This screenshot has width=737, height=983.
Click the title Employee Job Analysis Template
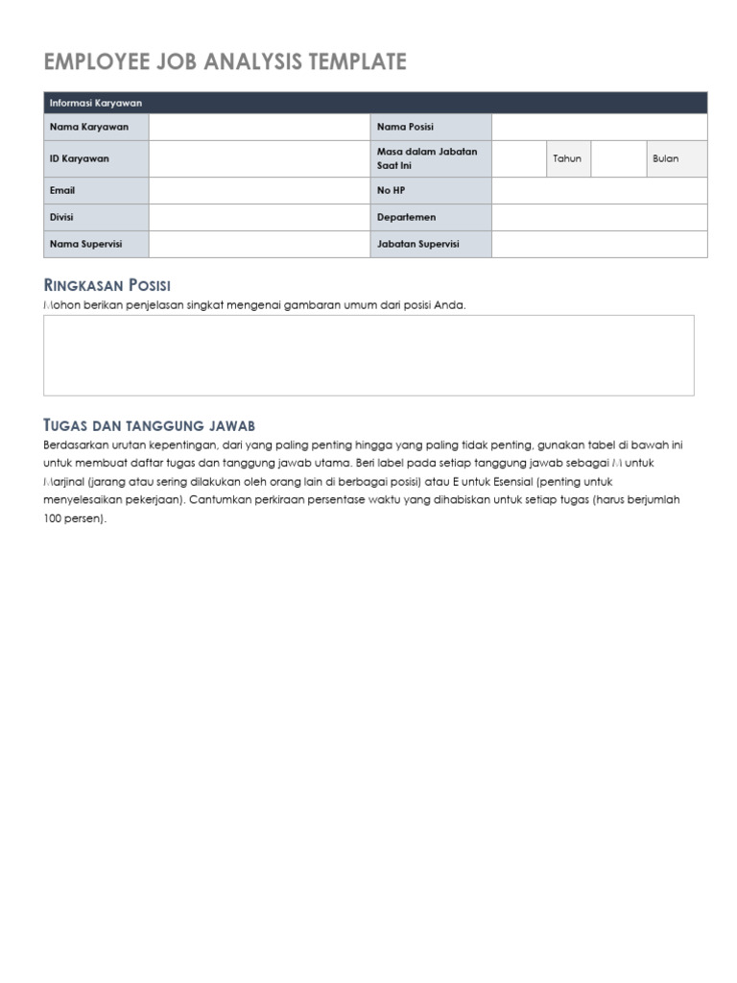(x=226, y=62)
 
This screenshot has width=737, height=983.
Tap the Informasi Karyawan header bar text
(x=96, y=103)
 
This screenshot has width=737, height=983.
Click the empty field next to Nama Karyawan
(x=259, y=127)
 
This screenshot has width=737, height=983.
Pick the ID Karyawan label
(x=79, y=158)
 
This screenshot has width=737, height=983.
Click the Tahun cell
(x=567, y=158)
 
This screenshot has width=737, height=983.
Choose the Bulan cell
(x=665, y=158)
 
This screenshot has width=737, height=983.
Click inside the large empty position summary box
(x=368, y=355)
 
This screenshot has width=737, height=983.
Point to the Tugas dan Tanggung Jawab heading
(x=149, y=425)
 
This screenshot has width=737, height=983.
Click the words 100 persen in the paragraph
(x=74, y=518)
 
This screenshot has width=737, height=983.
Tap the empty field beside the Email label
(x=259, y=191)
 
